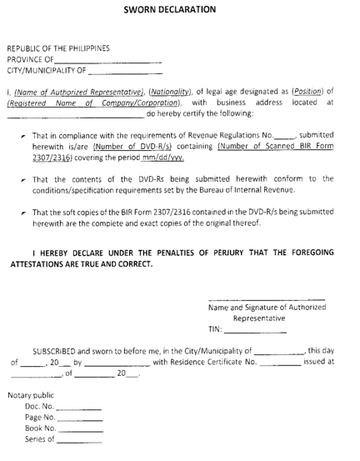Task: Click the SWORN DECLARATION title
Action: [180, 10]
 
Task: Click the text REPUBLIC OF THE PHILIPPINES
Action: [58, 48]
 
